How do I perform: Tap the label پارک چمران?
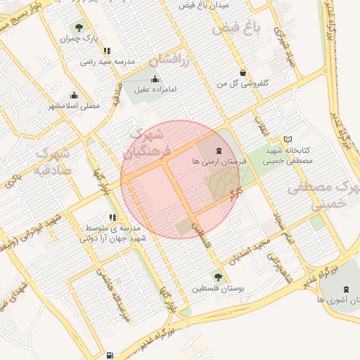click(80, 38)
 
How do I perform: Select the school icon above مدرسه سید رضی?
click(107, 51)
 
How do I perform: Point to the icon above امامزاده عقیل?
click(155, 79)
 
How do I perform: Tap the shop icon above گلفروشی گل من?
click(243, 72)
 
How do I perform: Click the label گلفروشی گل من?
click(243, 83)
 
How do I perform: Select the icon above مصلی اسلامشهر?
click(74, 96)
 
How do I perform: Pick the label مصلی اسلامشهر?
click(74, 106)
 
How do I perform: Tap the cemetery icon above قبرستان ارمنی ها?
click(218, 150)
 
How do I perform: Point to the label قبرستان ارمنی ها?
click(218, 161)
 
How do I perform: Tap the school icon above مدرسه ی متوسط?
click(112, 217)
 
